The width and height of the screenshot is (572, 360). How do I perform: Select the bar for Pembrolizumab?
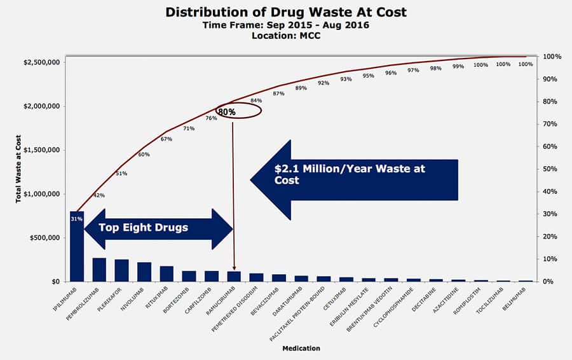tap(99, 270)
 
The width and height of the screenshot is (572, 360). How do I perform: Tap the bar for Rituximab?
tap(167, 273)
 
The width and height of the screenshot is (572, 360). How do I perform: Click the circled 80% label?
tap(228, 112)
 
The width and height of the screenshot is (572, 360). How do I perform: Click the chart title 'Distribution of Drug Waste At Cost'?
tap(286, 11)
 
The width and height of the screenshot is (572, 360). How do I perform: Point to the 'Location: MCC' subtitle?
tap(286, 35)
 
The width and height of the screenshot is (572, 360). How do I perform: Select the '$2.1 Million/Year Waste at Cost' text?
tap(350, 175)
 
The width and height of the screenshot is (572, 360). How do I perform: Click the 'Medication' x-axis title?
tap(301, 348)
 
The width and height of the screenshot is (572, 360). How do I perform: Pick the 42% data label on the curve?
tap(99, 195)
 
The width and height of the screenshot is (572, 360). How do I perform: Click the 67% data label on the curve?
tap(167, 139)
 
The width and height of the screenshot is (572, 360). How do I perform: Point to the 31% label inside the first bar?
tap(76, 219)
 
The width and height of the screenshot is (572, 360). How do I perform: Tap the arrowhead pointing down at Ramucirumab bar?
tap(234, 268)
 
